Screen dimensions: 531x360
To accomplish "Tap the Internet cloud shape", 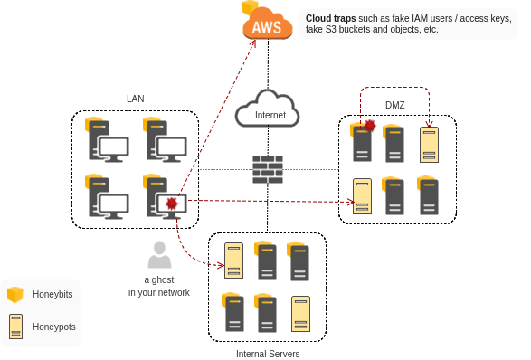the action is pyautogui.click(x=268, y=109).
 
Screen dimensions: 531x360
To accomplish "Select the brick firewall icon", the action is pyautogui.click(x=268, y=169).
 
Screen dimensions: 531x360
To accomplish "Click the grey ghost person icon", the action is pyautogui.click(x=159, y=255).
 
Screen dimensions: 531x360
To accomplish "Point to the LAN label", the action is pyautogui.click(x=136, y=99).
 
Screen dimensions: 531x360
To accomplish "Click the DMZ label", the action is pyautogui.click(x=395, y=105).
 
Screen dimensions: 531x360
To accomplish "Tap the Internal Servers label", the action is pyautogui.click(x=268, y=354).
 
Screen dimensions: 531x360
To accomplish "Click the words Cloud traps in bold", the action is pyautogui.click(x=330, y=18).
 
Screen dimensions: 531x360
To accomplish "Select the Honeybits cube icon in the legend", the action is pyautogui.click(x=15, y=294).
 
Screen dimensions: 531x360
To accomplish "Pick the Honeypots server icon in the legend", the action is pyautogui.click(x=15, y=327).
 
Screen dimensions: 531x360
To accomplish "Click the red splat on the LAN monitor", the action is pyautogui.click(x=172, y=204).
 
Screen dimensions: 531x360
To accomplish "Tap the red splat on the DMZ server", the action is pyautogui.click(x=370, y=126).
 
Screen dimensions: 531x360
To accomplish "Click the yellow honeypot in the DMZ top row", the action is pyautogui.click(x=429, y=145).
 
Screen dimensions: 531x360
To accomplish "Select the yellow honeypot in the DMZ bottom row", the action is pyautogui.click(x=362, y=196).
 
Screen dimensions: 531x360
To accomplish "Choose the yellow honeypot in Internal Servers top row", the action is pyautogui.click(x=233, y=261).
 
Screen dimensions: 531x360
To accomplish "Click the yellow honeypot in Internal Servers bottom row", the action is pyautogui.click(x=300, y=314).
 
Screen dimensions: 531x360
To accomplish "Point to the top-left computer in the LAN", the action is pyautogui.click(x=107, y=139).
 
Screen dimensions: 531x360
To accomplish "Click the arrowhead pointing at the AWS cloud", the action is pyautogui.click(x=253, y=43).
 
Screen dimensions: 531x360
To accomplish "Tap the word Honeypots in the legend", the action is pyautogui.click(x=54, y=327).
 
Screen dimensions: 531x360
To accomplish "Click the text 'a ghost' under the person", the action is pyautogui.click(x=159, y=280).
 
